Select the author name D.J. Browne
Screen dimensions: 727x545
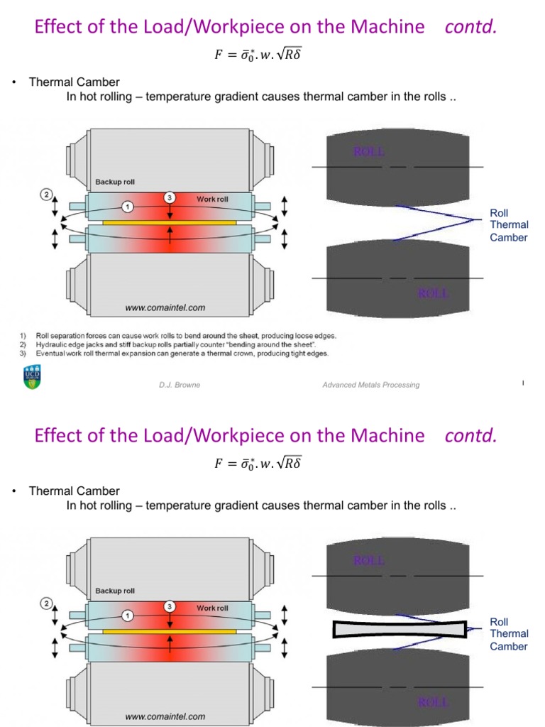[x=180, y=385]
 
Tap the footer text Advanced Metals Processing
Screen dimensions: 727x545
[x=370, y=385]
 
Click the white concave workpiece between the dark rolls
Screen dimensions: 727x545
[x=400, y=629]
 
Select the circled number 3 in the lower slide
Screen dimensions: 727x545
[x=170, y=606]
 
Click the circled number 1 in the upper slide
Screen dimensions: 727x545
[x=127, y=207]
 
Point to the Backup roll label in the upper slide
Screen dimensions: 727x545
[x=115, y=182]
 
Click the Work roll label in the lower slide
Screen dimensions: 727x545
[x=212, y=608]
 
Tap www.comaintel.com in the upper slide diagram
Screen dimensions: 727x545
[x=165, y=307]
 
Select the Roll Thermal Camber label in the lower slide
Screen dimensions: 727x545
[x=509, y=634]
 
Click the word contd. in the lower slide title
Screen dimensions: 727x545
[x=470, y=435]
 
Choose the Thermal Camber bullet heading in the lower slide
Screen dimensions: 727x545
[x=75, y=491]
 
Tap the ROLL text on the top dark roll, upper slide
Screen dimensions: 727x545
[x=369, y=151]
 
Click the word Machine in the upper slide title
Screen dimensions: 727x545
[x=389, y=27]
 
